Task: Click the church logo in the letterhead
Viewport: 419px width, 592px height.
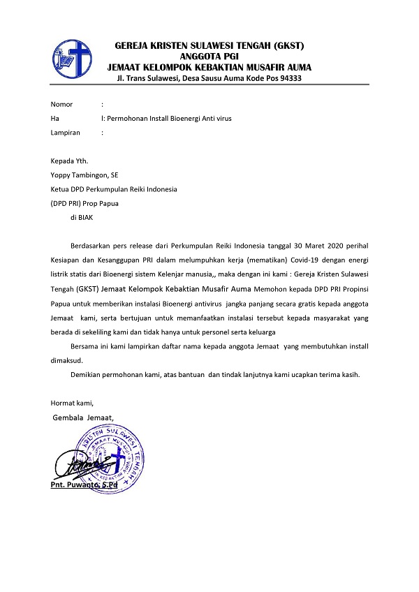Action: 73,57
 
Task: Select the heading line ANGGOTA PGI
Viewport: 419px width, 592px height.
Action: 209,57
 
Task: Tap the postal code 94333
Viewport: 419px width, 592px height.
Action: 288,77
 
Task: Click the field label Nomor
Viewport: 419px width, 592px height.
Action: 61,104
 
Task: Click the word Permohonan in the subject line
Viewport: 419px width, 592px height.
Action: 129,118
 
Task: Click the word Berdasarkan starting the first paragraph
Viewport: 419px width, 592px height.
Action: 94,246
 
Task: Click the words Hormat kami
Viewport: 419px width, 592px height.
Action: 72,403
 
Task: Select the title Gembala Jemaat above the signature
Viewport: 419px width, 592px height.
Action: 83,417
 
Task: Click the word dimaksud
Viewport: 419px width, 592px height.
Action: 66,360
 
